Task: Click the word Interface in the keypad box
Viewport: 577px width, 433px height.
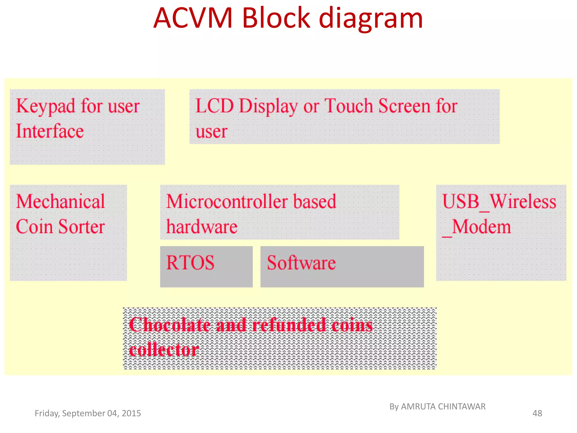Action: (50, 131)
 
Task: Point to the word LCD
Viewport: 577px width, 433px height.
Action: (214, 106)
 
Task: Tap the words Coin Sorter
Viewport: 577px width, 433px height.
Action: (60, 227)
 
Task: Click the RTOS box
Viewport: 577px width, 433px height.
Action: (206, 266)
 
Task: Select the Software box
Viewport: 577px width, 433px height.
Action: (342, 266)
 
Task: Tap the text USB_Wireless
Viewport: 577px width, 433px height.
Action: (499, 202)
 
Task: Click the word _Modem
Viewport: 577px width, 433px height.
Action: (476, 227)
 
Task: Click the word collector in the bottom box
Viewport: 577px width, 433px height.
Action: (164, 350)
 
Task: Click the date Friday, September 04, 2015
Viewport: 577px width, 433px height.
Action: (88, 413)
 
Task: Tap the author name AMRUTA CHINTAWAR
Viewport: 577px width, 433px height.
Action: (443, 407)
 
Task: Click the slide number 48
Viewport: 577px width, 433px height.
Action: (537, 413)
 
